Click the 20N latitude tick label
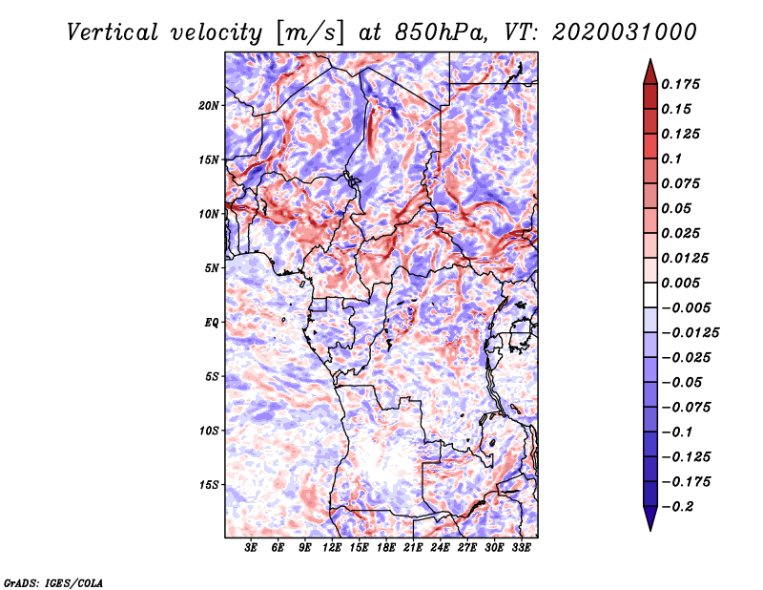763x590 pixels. point(209,106)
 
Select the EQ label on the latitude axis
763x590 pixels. point(211,323)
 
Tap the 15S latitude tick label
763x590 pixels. point(210,485)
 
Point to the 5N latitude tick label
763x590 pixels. point(212,268)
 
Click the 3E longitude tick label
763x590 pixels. point(251,548)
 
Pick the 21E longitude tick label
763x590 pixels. point(413,548)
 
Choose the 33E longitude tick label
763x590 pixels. point(521,548)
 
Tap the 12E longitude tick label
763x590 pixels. point(332,548)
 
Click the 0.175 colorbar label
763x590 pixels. point(680,84)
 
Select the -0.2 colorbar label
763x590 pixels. point(677,507)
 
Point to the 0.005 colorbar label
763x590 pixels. point(680,283)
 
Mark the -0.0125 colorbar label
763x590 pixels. point(690,333)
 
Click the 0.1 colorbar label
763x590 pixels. point(671,158)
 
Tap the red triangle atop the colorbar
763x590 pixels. point(650,73)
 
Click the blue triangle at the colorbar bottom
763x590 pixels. point(650,518)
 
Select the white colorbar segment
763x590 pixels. point(650,295)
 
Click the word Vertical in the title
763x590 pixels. point(113,32)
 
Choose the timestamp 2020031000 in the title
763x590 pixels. point(625,32)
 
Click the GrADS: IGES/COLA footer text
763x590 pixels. point(53,583)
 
